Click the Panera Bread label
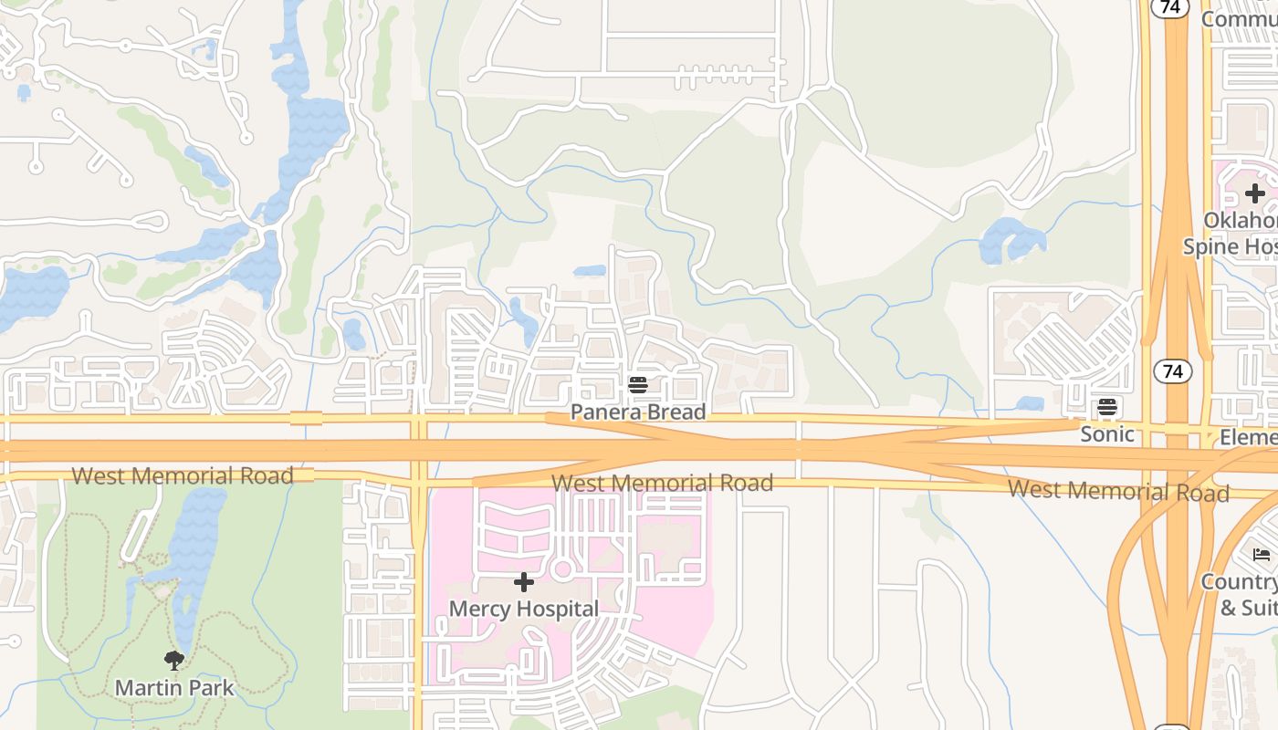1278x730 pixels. point(638,412)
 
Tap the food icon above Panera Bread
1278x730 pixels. point(638,386)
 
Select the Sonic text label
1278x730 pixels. point(1107,434)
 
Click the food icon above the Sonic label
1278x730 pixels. point(1107,407)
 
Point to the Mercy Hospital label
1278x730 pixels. point(524,609)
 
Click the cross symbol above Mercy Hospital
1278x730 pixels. point(524,582)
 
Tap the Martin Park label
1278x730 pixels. point(174,687)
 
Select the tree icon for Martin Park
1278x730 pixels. point(174,661)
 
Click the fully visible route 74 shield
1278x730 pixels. point(1173,371)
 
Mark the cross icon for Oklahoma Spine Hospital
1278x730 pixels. point(1255,193)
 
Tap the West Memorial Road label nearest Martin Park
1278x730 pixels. point(183,475)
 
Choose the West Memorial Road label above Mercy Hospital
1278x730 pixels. point(663,483)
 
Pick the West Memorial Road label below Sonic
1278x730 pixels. point(1118,491)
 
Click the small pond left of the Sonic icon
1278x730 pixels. point(1029,403)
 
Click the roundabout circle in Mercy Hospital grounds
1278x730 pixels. point(562,570)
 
